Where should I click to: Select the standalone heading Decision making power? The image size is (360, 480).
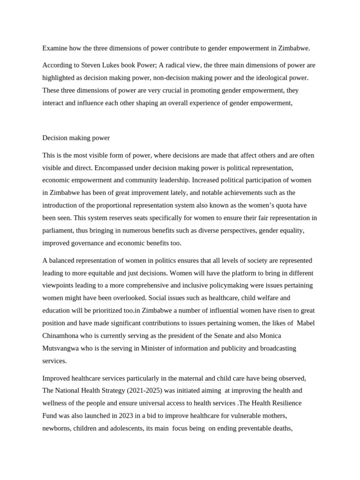[76, 138]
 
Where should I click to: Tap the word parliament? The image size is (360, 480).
[60, 231]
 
